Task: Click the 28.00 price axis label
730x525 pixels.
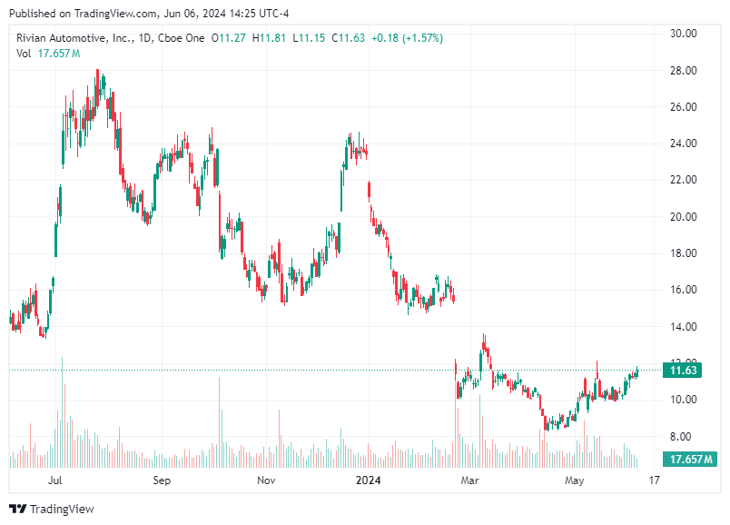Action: (683, 71)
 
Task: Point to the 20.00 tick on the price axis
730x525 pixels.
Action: (683, 217)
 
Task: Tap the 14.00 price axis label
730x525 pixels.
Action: (683, 327)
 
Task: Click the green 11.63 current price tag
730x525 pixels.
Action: (683, 371)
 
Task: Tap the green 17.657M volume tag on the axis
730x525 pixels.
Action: (689, 460)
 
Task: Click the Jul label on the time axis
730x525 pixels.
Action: (56, 480)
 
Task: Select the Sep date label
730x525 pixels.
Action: (162, 480)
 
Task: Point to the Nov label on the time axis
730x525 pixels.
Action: (265, 480)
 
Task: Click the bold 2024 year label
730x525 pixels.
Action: (370, 480)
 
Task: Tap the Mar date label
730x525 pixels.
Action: (469, 480)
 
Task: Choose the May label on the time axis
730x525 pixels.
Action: (573, 480)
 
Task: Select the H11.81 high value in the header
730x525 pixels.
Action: (269, 38)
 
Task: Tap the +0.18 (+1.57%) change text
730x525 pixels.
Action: (408, 38)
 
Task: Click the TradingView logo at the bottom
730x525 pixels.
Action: (51, 510)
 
